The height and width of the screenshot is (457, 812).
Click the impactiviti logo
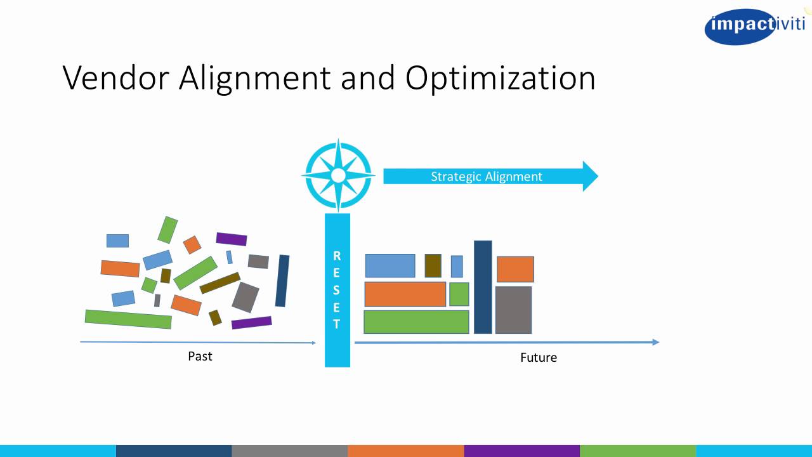coord(754,26)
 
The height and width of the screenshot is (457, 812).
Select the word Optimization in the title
coord(500,79)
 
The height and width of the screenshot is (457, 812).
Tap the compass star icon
coord(339,175)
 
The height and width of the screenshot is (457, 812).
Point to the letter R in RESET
coord(337,256)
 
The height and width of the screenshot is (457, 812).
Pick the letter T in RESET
coord(337,324)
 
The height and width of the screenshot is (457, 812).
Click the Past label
coord(200,356)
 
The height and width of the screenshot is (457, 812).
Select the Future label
coord(538,357)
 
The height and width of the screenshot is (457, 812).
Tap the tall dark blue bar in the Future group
coord(483,287)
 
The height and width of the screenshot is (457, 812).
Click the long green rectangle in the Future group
coord(416,322)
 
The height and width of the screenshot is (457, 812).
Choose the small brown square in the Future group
coord(433,265)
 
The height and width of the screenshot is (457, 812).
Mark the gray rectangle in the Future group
coord(513,310)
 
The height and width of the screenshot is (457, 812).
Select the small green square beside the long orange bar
coord(459,295)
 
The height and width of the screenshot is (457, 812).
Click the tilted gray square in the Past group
coord(246,297)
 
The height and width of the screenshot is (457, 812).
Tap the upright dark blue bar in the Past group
coord(282,281)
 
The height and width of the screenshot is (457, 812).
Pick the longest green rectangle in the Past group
coord(128,319)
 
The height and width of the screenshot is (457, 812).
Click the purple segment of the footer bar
coord(521,451)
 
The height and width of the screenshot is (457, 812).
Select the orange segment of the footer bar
coord(405,451)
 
